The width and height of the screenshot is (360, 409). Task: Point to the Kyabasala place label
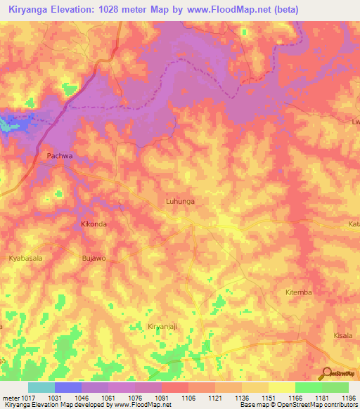tap(26, 259)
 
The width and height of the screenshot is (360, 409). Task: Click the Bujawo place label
tap(94, 259)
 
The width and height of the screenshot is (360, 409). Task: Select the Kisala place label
tap(344, 337)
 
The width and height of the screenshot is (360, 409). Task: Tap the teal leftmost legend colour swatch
tap(41, 387)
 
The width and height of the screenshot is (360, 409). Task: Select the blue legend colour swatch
tap(67, 387)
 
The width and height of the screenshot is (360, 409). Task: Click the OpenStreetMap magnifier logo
tap(326, 374)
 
